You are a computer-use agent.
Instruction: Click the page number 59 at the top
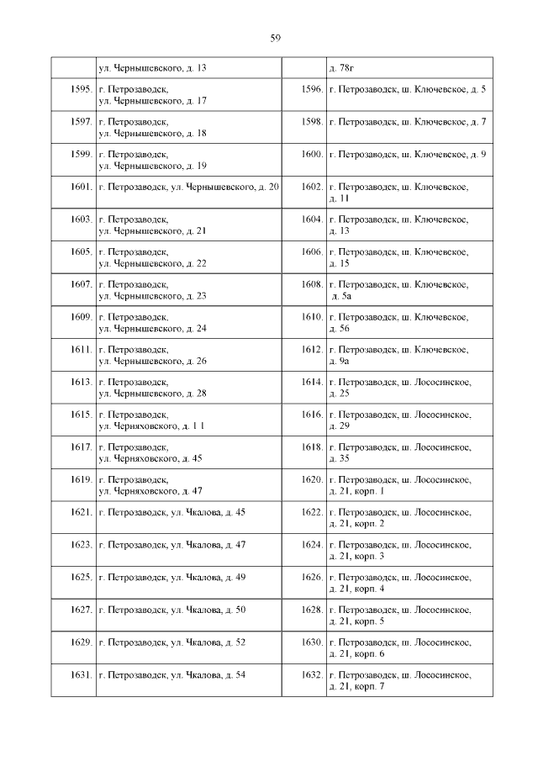[x=275, y=38]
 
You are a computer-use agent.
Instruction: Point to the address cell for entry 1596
[x=407, y=89]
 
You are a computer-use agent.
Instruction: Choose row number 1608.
[x=312, y=284]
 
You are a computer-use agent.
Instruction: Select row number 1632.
[x=312, y=675]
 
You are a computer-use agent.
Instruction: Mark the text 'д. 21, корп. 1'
[x=356, y=491]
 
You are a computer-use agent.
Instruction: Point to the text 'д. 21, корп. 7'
[x=356, y=687]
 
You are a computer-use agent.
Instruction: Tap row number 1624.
[x=312, y=545]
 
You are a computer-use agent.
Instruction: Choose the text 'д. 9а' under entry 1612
[x=339, y=361]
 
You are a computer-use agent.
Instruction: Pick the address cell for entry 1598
[x=407, y=122]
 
